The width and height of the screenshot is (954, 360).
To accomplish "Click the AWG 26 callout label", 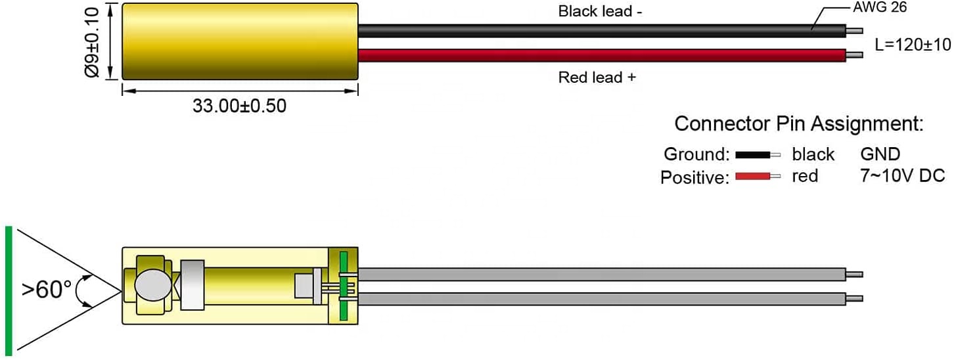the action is (x=880, y=7).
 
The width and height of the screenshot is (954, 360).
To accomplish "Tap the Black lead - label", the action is (x=600, y=12).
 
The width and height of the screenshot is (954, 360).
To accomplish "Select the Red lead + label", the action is (x=597, y=78).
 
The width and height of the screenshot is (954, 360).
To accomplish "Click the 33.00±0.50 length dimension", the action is (x=239, y=106).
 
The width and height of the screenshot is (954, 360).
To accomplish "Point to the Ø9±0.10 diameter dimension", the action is (x=93, y=42).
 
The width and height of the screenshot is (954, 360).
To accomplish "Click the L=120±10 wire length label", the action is (x=912, y=45).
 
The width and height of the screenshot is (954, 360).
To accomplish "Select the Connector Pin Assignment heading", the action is (x=799, y=124).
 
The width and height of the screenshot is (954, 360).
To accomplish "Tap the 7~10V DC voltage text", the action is (x=903, y=175).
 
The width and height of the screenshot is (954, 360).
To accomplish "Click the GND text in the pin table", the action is (x=880, y=154).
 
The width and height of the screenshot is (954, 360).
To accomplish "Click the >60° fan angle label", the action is (x=47, y=289).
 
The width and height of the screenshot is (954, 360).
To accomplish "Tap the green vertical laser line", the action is (x=9, y=291).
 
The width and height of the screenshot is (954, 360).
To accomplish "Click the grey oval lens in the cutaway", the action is (x=153, y=286).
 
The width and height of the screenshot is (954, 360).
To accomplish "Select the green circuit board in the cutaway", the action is (x=344, y=286).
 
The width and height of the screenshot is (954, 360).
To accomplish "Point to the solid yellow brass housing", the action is (x=240, y=41).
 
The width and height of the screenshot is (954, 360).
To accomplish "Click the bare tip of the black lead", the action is (x=854, y=31).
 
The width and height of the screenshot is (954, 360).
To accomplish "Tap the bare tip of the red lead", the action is (x=854, y=55).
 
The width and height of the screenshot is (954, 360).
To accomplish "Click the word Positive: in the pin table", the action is (x=695, y=177).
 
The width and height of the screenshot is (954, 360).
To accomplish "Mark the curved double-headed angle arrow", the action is (x=77, y=290).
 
